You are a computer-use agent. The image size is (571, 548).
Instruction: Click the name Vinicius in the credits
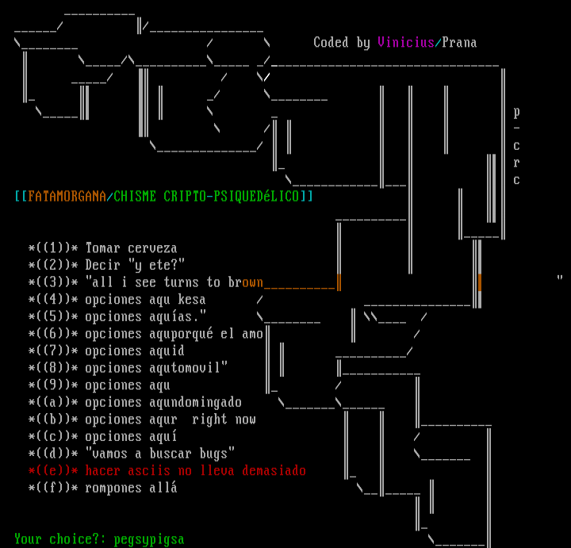point(405,43)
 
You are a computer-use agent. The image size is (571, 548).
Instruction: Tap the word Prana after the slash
point(459,43)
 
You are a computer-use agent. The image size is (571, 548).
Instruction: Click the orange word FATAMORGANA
point(67,196)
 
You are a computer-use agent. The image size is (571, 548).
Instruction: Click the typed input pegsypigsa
point(149,539)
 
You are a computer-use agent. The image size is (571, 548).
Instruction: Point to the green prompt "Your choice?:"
point(59,539)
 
